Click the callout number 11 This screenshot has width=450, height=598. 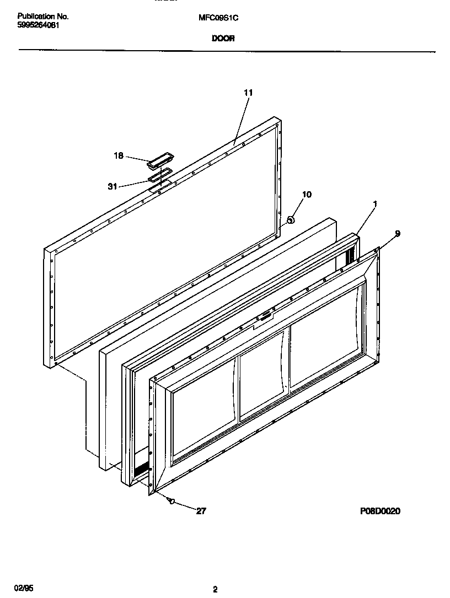248,93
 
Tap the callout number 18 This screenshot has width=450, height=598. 119,155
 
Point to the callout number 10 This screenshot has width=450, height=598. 307,195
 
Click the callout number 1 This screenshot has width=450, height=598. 375,204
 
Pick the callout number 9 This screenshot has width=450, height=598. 397,233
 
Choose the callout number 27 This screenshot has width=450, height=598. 201,511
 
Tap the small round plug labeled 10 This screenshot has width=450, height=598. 290,219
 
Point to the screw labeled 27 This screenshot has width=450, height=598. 172,501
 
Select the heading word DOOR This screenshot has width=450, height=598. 223,39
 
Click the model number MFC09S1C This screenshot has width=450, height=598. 218,18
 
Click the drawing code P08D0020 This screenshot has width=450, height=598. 380,511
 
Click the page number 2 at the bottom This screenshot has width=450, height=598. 215,590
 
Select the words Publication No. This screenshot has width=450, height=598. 43,17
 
